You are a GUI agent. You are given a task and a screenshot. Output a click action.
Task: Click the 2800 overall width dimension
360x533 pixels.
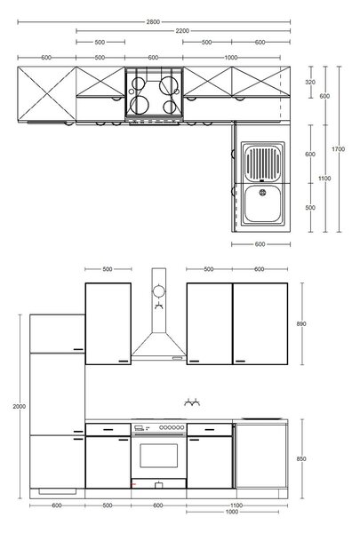153,22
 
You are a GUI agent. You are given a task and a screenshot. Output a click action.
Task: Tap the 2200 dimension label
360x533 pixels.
182,31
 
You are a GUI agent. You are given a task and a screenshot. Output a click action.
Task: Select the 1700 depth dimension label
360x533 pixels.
339,149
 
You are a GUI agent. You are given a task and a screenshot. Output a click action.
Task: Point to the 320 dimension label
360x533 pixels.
310,82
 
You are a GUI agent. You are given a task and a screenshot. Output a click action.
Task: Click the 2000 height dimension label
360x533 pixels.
20,406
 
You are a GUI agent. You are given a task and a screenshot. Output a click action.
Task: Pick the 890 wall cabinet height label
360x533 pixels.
301,324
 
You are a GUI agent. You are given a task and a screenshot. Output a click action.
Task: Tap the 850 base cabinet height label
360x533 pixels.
301,459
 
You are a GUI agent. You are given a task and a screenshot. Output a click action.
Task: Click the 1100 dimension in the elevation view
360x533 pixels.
236,505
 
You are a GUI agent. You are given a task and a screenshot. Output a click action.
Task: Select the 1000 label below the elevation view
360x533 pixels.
232,512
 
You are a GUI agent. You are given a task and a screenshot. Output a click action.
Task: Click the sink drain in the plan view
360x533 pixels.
263,193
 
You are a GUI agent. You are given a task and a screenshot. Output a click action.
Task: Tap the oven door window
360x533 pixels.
159,456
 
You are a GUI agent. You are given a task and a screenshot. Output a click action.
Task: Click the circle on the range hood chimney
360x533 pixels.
158,291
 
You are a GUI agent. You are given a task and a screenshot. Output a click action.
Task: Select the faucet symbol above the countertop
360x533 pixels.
192,403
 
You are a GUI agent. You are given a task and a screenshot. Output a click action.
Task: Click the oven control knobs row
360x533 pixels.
172,427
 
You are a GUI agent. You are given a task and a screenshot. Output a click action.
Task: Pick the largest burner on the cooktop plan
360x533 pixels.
167,85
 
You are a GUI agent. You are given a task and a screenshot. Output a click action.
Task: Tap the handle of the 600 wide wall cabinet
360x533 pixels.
240,361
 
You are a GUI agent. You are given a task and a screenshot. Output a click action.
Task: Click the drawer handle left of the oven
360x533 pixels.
108,430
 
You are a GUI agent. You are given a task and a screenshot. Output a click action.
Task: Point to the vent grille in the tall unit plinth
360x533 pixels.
58,491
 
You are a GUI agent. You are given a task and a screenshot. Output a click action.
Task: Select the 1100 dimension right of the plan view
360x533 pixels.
324,179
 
